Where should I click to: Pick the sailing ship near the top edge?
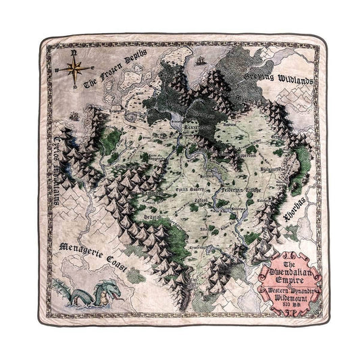coord(200,60)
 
